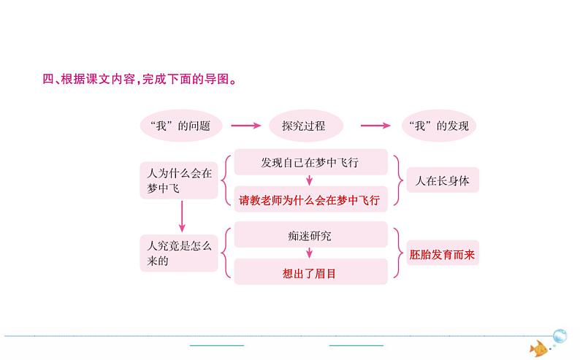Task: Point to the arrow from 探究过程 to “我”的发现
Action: click(x=374, y=126)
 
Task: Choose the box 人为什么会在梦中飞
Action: click(x=180, y=180)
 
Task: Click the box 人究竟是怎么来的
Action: click(x=180, y=253)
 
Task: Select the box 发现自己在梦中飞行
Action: click(x=310, y=162)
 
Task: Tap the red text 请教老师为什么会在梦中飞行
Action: click(x=310, y=200)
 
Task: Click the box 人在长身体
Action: click(x=442, y=180)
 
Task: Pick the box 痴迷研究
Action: click(x=310, y=235)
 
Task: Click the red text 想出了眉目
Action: click(x=310, y=273)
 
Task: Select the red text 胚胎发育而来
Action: click(x=442, y=255)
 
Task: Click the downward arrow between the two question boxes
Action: click(x=181, y=216)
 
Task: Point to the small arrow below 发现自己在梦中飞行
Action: click(x=310, y=180)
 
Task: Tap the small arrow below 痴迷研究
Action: click(x=310, y=253)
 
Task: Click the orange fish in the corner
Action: click(x=538, y=348)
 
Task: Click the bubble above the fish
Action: click(x=560, y=335)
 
